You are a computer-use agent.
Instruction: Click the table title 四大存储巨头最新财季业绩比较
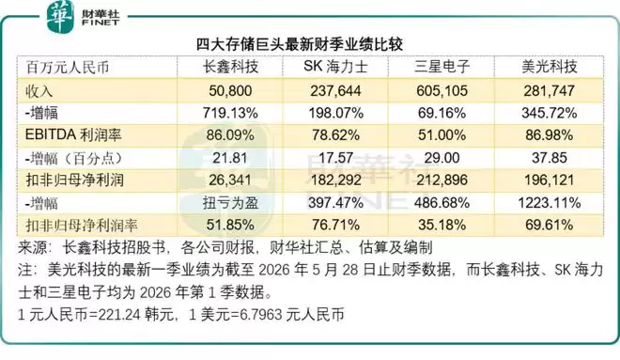pyautogui.click(x=300, y=44)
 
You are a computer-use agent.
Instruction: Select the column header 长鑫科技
pyautogui.click(x=230, y=67)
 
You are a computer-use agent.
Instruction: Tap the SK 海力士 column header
pyautogui.click(x=335, y=67)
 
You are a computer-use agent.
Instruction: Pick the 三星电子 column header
pyautogui.click(x=442, y=67)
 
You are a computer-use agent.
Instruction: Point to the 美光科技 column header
pyautogui.click(x=550, y=67)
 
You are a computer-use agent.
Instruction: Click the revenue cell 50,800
pyautogui.click(x=230, y=91)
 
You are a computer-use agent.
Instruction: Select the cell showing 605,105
pyautogui.click(x=442, y=91)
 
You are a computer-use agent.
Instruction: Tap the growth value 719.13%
pyautogui.click(x=230, y=113)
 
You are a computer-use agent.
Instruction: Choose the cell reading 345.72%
pyautogui.click(x=550, y=113)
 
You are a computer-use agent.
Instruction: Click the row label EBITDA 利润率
pyautogui.click(x=73, y=135)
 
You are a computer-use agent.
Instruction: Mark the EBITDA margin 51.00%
pyautogui.click(x=442, y=135)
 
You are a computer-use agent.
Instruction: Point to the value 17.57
pyautogui.click(x=335, y=158)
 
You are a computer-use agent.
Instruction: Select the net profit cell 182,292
pyautogui.click(x=335, y=180)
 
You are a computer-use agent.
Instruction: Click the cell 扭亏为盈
pyautogui.click(x=230, y=203)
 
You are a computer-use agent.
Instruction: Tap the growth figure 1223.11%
pyautogui.click(x=550, y=203)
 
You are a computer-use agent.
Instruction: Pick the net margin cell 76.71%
pyautogui.click(x=335, y=225)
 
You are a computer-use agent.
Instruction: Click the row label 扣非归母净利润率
pyautogui.click(x=82, y=226)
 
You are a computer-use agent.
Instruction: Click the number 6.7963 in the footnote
pyautogui.click(x=260, y=315)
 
